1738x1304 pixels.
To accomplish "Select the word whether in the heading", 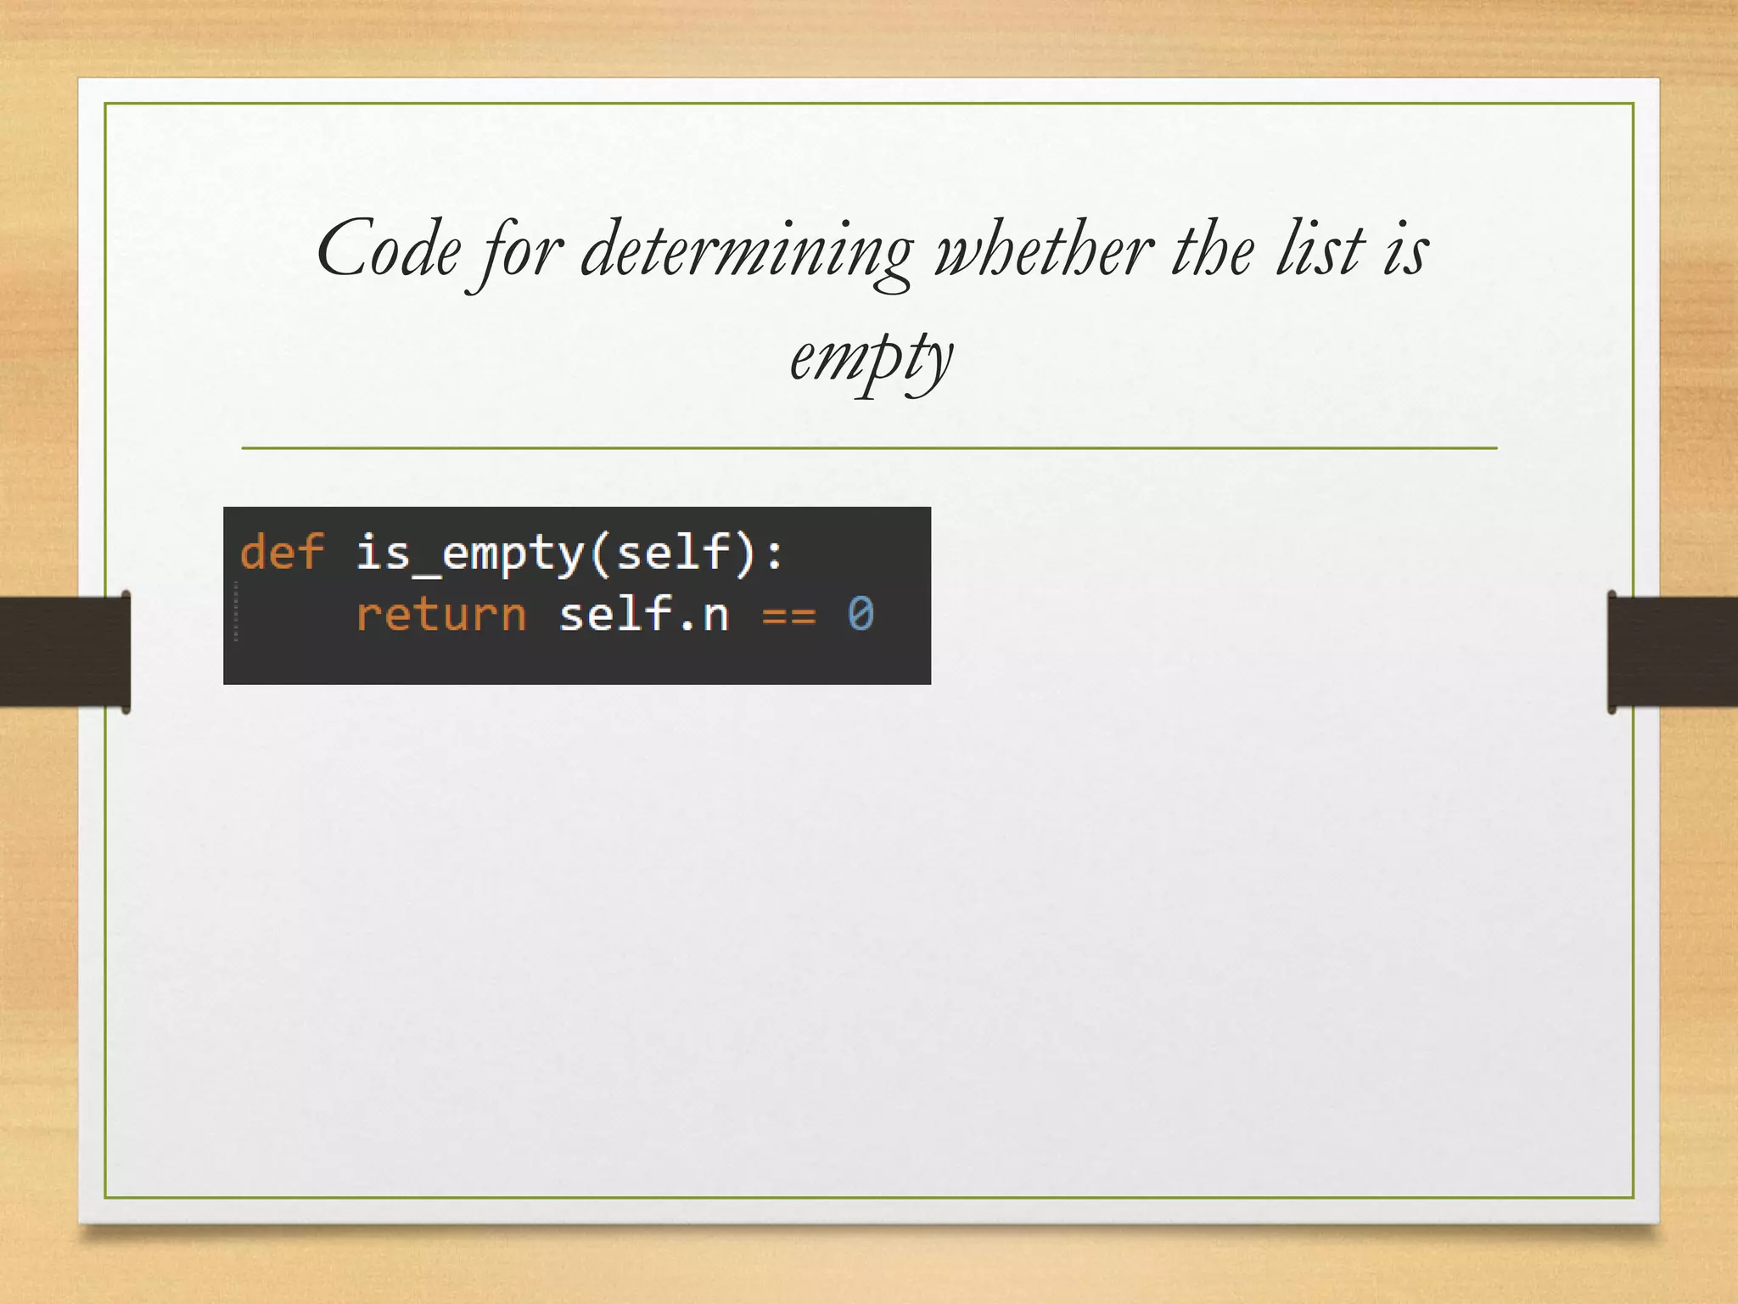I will click(1044, 250).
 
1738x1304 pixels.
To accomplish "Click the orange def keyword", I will click(282, 552).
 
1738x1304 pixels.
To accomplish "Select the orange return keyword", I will click(440, 614).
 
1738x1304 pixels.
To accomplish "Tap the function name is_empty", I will click(469, 554).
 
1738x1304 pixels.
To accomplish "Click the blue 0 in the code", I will click(860, 614).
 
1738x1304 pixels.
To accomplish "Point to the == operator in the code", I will click(788, 615).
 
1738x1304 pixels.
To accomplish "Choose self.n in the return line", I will click(644, 614).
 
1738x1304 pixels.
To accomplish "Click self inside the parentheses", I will click(672, 552).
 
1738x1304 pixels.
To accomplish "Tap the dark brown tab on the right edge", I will click(1673, 651).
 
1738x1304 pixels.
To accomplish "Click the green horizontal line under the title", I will click(869, 447).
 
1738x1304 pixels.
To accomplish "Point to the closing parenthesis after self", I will click(744, 554).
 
